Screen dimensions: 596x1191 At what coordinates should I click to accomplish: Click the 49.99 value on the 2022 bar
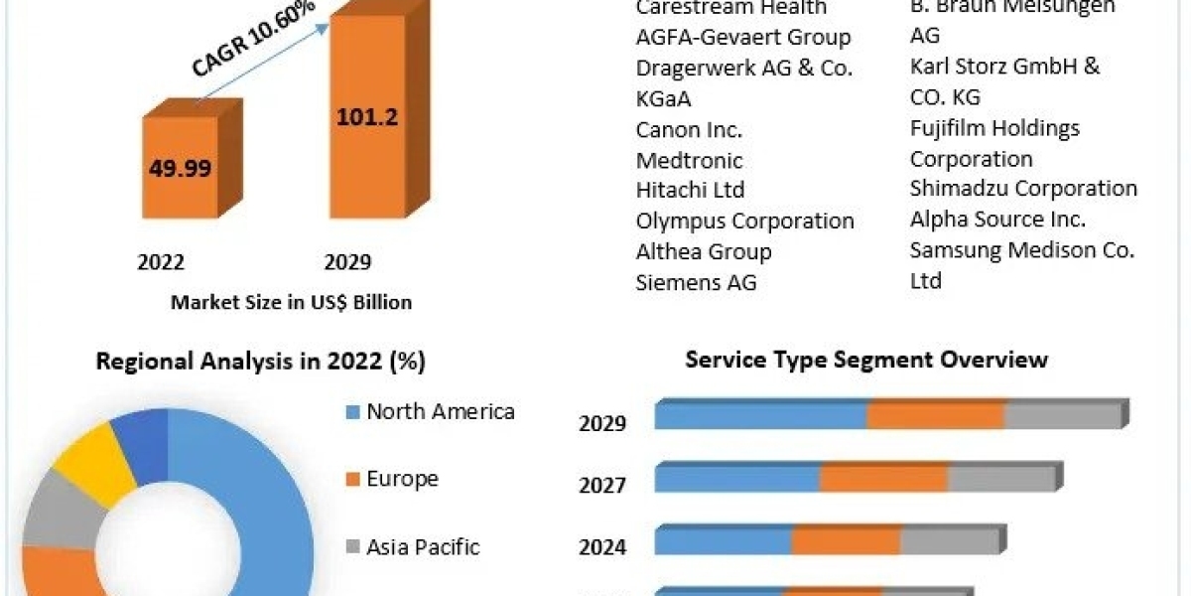[180, 168]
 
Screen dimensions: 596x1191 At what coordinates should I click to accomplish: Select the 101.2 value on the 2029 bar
[367, 116]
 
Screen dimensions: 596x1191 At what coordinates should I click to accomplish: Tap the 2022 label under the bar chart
[161, 261]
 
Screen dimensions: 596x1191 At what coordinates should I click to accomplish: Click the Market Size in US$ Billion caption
[291, 302]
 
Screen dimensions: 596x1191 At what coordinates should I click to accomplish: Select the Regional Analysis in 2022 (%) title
[260, 362]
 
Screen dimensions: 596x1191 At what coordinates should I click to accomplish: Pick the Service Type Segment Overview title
[865, 359]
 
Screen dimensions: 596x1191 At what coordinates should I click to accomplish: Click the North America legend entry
[440, 411]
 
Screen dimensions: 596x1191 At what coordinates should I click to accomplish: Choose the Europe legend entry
[402, 479]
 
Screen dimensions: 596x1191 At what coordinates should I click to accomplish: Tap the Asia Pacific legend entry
[423, 546]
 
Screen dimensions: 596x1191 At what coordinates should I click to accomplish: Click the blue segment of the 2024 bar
[723, 542]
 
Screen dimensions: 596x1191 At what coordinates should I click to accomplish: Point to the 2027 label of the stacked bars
[602, 486]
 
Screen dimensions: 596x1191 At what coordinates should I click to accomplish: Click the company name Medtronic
[689, 160]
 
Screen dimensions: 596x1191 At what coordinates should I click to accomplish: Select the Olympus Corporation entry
[744, 221]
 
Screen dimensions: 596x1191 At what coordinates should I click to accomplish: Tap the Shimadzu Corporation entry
[1023, 189]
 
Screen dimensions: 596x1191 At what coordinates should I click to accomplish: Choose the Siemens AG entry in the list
[696, 282]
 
